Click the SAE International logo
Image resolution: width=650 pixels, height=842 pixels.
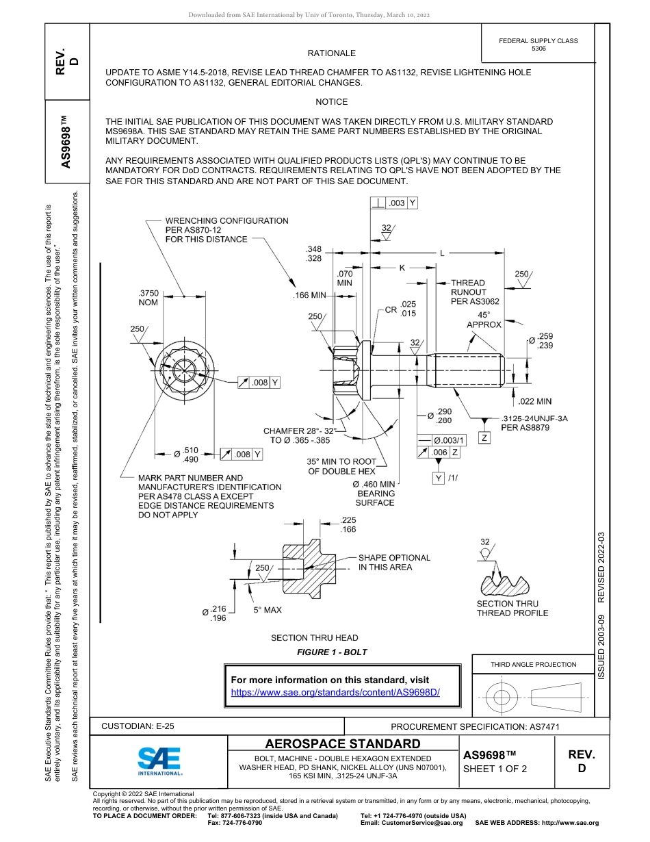[159, 761]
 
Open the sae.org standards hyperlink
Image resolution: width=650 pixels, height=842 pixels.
[335, 692]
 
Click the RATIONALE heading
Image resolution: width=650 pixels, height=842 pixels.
[331, 53]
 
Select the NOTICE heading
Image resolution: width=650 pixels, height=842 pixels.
[331, 101]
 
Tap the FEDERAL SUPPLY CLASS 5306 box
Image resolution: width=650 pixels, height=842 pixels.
[538, 45]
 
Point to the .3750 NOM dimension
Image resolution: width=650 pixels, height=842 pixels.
[148, 297]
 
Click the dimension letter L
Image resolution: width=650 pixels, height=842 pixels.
[442, 253]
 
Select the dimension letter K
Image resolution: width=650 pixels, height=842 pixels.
[402, 268]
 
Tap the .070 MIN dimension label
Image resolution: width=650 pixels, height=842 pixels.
[345, 278]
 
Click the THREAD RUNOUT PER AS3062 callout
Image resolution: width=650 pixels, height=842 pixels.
[474, 292]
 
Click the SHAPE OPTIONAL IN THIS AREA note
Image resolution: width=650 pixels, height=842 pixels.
[394, 562]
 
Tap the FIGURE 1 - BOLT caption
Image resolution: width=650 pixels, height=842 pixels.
[332, 652]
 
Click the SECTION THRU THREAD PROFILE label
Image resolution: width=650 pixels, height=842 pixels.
[512, 608]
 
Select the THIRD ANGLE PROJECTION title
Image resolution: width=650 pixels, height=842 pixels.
[533, 664]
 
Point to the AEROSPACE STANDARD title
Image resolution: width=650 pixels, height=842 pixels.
[343, 743]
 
